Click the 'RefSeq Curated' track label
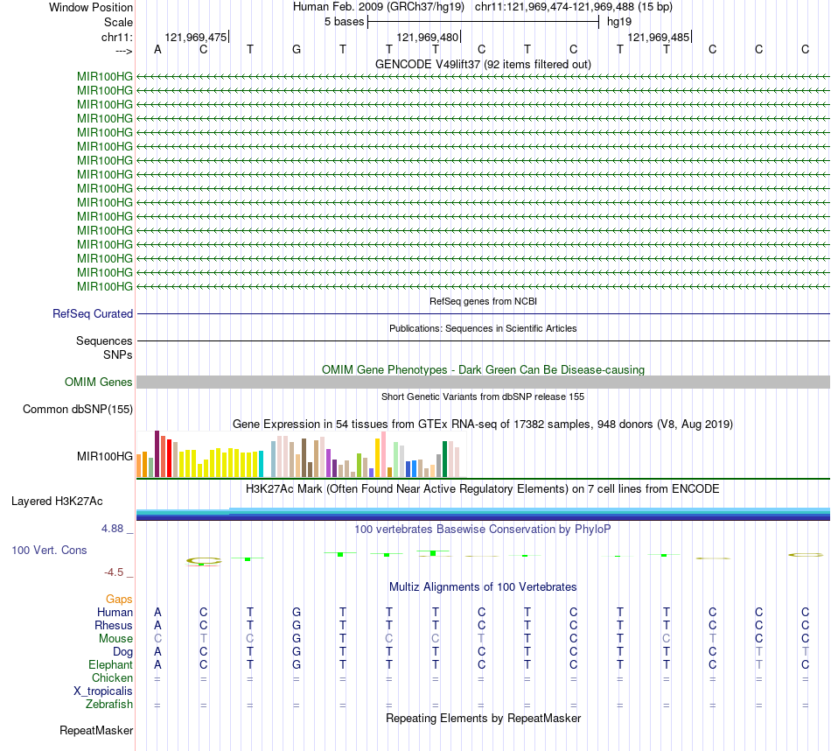(93, 313)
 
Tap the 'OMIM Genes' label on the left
(98, 383)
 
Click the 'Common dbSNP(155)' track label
(78, 409)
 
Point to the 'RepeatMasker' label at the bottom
(96, 730)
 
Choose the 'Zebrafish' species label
(109, 704)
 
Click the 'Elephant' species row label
(110, 664)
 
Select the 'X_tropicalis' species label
(103, 691)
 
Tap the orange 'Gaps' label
(119, 599)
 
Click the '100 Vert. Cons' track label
(49, 550)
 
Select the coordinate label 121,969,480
(427, 38)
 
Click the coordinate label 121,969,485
(659, 38)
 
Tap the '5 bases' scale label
(340, 21)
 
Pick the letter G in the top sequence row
(297, 49)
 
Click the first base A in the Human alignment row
(157, 612)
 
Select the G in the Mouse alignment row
(297, 638)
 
